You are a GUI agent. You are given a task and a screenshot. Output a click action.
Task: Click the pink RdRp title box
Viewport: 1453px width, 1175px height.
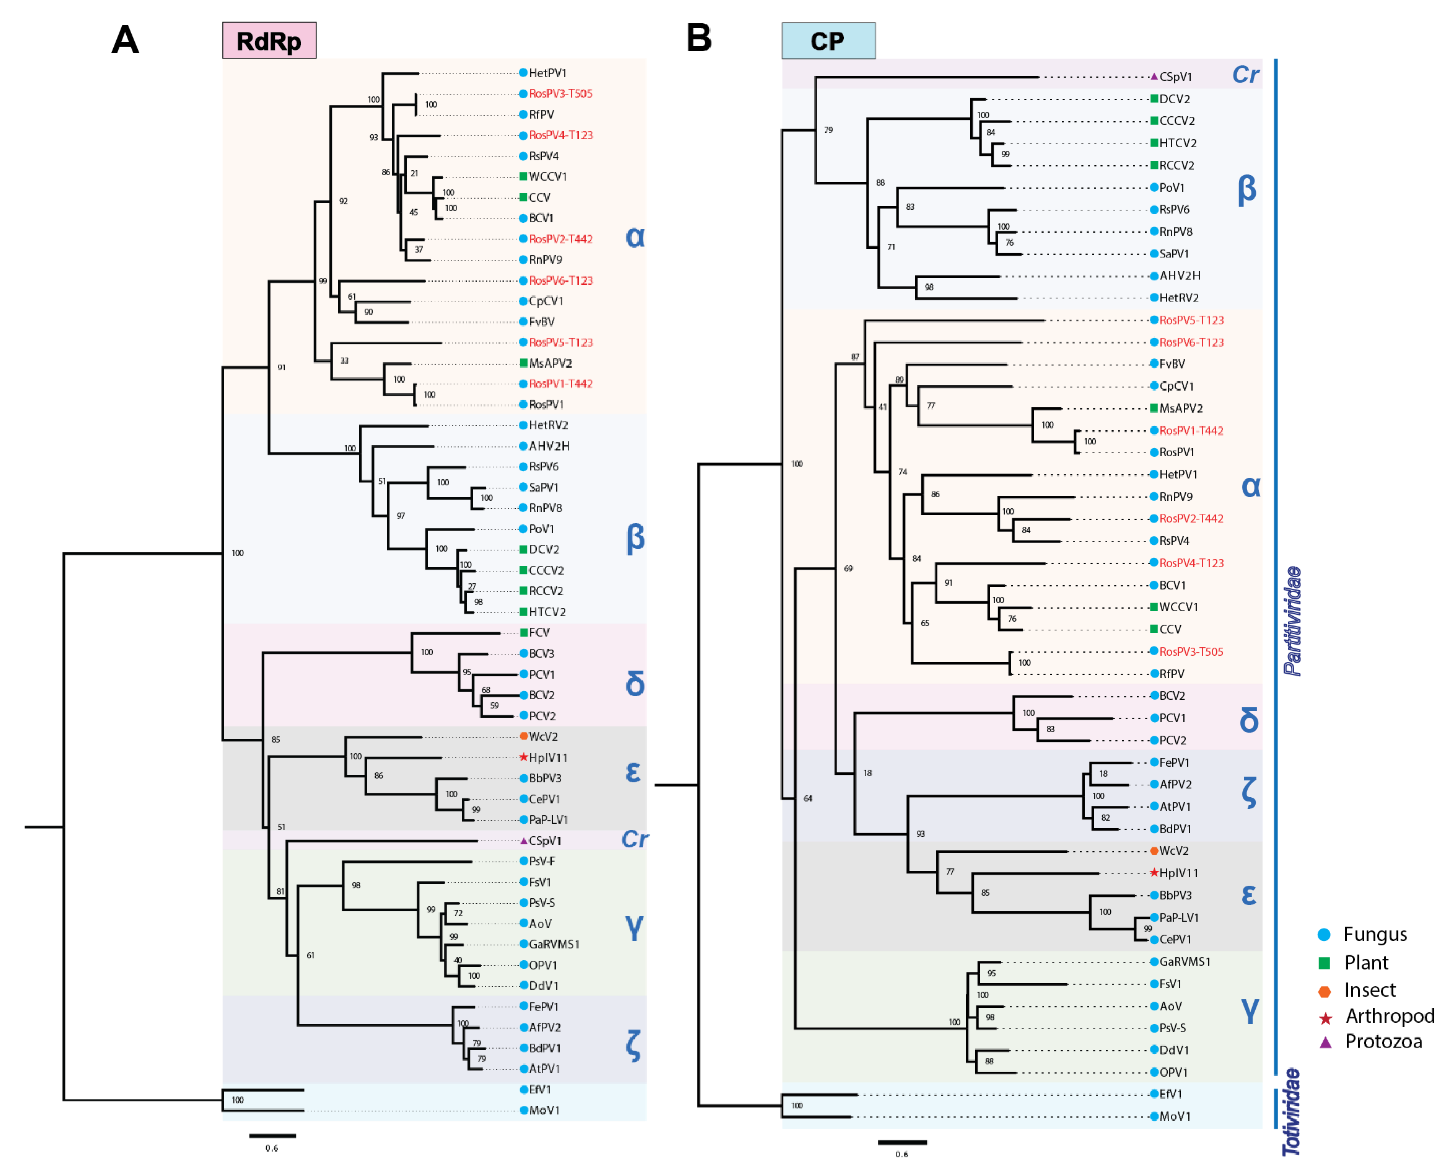[269, 41]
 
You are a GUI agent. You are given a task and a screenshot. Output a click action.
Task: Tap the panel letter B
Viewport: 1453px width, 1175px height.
[699, 38]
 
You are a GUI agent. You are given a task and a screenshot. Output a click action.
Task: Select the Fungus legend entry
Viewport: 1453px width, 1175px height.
[1374, 934]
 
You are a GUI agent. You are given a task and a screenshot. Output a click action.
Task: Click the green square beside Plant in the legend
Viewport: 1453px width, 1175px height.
[1324, 963]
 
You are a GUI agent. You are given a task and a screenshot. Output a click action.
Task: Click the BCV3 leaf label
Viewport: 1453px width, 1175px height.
[541, 654]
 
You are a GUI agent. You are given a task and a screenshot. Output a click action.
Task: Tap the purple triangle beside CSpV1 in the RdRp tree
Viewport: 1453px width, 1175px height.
[523, 841]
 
